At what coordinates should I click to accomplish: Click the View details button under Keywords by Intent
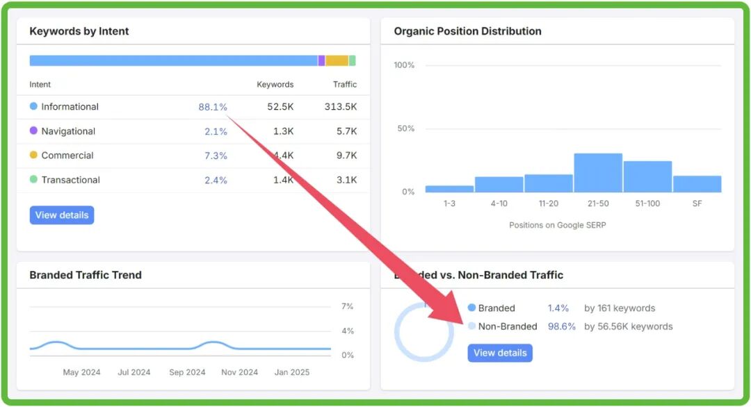(62, 215)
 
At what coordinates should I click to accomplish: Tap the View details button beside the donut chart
(500, 353)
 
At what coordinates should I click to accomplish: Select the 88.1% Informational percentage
(213, 107)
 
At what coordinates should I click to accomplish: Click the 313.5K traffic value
(341, 107)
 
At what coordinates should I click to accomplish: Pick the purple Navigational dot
(33, 131)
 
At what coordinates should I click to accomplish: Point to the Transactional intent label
(70, 180)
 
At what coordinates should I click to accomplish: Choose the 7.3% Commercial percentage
(216, 156)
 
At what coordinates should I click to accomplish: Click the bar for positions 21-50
(597, 173)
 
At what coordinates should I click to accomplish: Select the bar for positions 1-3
(449, 188)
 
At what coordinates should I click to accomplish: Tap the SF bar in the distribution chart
(697, 184)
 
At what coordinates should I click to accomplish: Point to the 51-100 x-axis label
(647, 204)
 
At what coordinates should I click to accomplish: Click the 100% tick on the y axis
(404, 65)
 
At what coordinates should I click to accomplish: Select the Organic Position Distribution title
(467, 31)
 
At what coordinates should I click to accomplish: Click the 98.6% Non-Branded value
(562, 326)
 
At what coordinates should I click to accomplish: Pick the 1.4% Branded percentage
(558, 308)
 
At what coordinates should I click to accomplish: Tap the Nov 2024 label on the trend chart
(240, 372)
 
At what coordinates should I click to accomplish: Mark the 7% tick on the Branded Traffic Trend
(347, 306)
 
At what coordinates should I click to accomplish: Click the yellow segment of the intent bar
(337, 60)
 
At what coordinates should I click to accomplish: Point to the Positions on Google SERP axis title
(557, 225)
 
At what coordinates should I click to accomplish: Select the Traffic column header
(344, 85)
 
